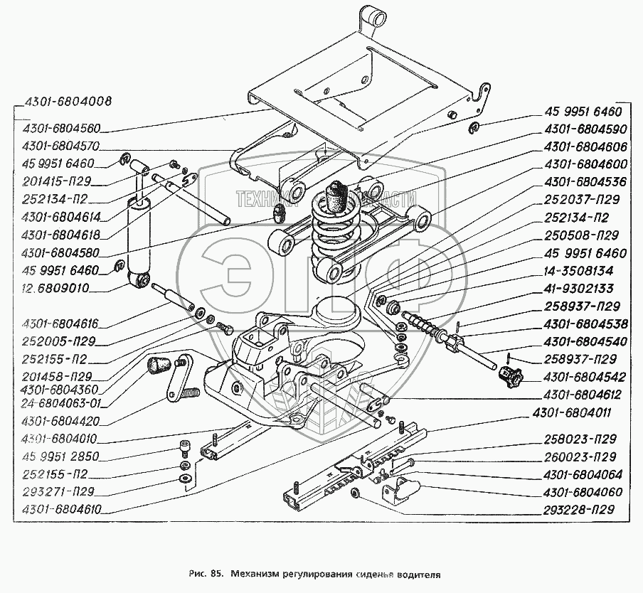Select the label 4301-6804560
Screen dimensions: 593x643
click(x=60, y=129)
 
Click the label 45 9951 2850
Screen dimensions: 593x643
click(x=60, y=456)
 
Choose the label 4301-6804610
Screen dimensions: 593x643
click(x=60, y=508)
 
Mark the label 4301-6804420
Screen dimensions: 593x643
click(x=60, y=421)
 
